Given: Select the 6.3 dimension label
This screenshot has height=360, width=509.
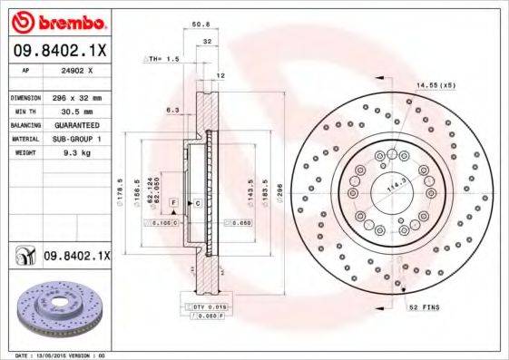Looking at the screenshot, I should coord(172,110).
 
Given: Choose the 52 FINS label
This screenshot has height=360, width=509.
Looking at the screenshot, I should coord(425,307).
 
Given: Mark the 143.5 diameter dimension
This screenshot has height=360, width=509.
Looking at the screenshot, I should coord(250,192).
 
